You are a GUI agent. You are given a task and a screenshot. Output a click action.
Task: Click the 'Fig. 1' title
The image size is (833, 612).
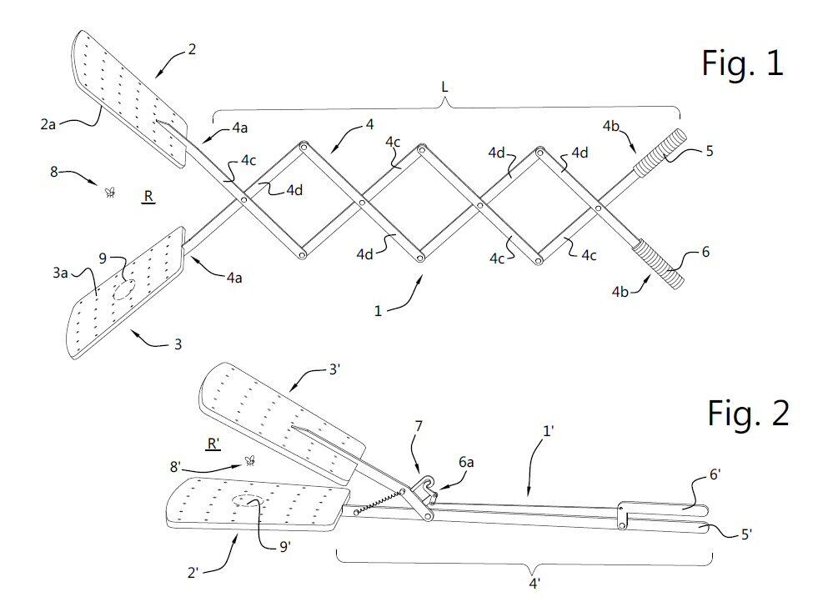741,63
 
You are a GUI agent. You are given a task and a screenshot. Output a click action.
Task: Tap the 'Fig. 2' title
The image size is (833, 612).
748,412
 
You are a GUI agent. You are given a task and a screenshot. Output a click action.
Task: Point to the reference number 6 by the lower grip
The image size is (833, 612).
705,251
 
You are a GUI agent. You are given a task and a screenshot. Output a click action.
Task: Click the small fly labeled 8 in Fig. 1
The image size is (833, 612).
109,192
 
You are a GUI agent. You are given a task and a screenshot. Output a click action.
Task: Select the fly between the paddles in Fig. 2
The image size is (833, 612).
248,459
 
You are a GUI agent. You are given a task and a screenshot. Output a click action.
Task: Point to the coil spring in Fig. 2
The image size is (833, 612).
378,502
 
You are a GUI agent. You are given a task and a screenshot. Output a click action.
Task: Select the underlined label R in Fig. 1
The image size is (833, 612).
148,197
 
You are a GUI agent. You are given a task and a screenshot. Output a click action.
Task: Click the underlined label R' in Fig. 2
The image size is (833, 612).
213,445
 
